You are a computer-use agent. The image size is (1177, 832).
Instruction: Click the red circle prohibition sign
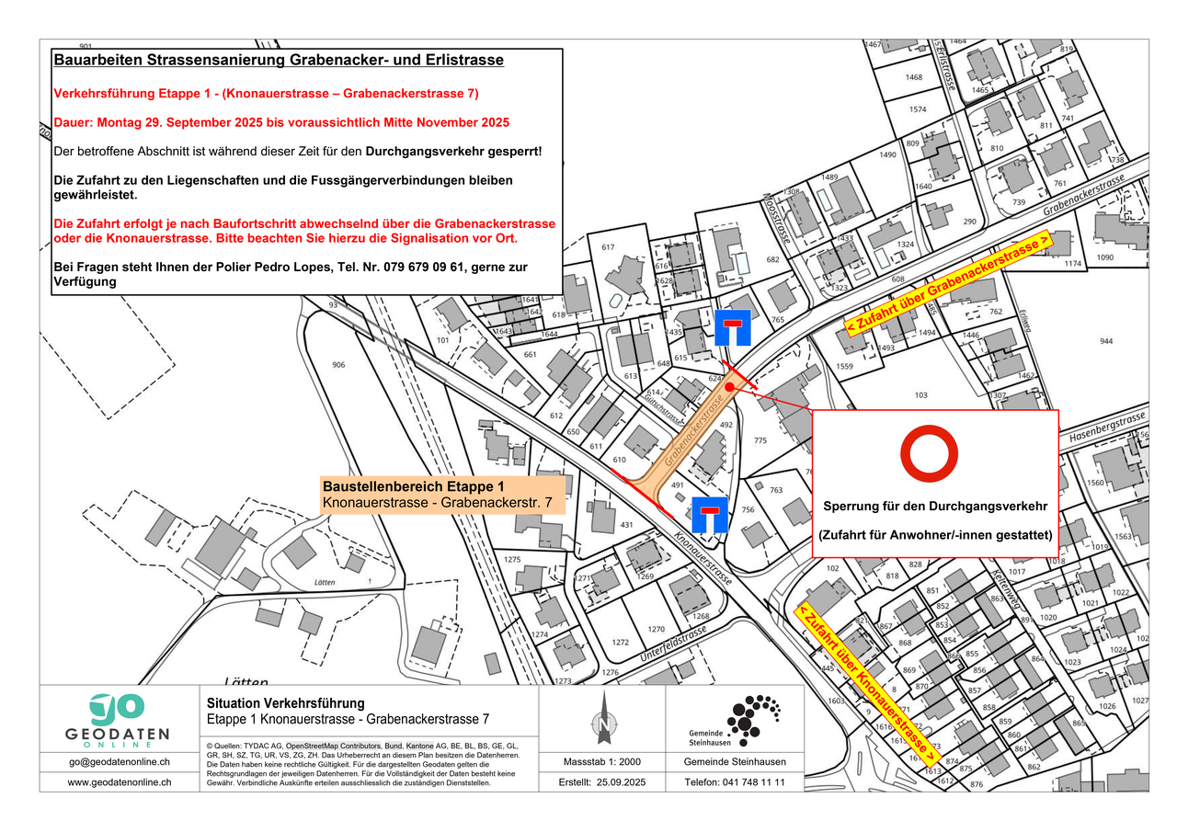pyautogui.click(x=929, y=454)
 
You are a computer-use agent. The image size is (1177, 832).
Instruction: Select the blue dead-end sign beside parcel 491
pyautogui.click(x=710, y=515)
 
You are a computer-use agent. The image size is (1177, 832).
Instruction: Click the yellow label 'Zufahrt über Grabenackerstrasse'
pyautogui.click(x=948, y=284)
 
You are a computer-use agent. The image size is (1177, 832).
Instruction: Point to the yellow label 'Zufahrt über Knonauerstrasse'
pyautogui.click(x=868, y=681)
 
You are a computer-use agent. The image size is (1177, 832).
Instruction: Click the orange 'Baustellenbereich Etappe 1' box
pyautogui.click(x=441, y=494)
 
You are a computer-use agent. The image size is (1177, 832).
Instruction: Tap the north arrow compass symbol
pyautogui.click(x=603, y=717)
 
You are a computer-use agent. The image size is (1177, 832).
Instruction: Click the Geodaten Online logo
pyautogui.click(x=118, y=718)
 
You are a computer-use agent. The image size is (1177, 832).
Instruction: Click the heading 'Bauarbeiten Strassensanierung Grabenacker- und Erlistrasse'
pyautogui.click(x=279, y=61)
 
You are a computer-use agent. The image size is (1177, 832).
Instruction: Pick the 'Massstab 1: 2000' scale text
pyautogui.click(x=602, y=762)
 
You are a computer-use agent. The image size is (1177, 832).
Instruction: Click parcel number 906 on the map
pyautogui.click(x=338, y=365)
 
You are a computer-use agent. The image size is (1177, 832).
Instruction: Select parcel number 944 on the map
pyautogui.click(x=1105, y=341)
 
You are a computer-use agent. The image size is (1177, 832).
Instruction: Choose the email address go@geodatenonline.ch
pyautogui.click(x=119, y=762)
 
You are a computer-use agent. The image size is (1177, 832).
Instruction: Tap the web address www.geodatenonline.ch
pyautogui.click(x=119, y=782)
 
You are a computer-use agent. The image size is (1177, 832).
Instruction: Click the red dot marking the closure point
pyautogui.click(x=728, y=388)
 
